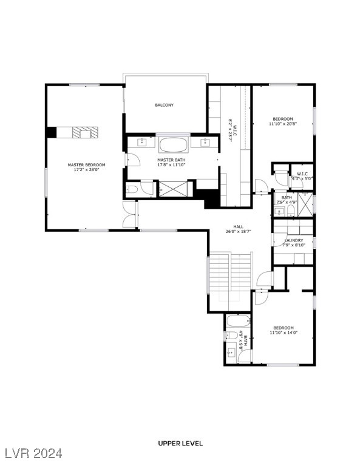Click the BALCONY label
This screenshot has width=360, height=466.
coord(164,105)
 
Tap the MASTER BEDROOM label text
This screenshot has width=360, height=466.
coord(86,165)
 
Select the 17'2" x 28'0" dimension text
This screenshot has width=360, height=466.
coord(86,170)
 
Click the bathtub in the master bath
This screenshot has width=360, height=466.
coord(174,144)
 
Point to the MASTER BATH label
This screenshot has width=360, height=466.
coord(171,160)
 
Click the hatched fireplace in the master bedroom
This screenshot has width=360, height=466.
coord(84,132)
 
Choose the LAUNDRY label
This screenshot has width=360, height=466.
coord(294,240)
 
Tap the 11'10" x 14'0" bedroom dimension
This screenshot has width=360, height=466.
coord(283,333)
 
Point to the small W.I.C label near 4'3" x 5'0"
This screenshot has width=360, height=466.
coord(301,174)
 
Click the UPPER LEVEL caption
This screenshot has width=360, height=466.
coord(180,444)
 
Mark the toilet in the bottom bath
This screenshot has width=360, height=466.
coord(231,336)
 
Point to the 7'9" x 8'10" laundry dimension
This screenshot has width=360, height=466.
coord(294,245)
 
